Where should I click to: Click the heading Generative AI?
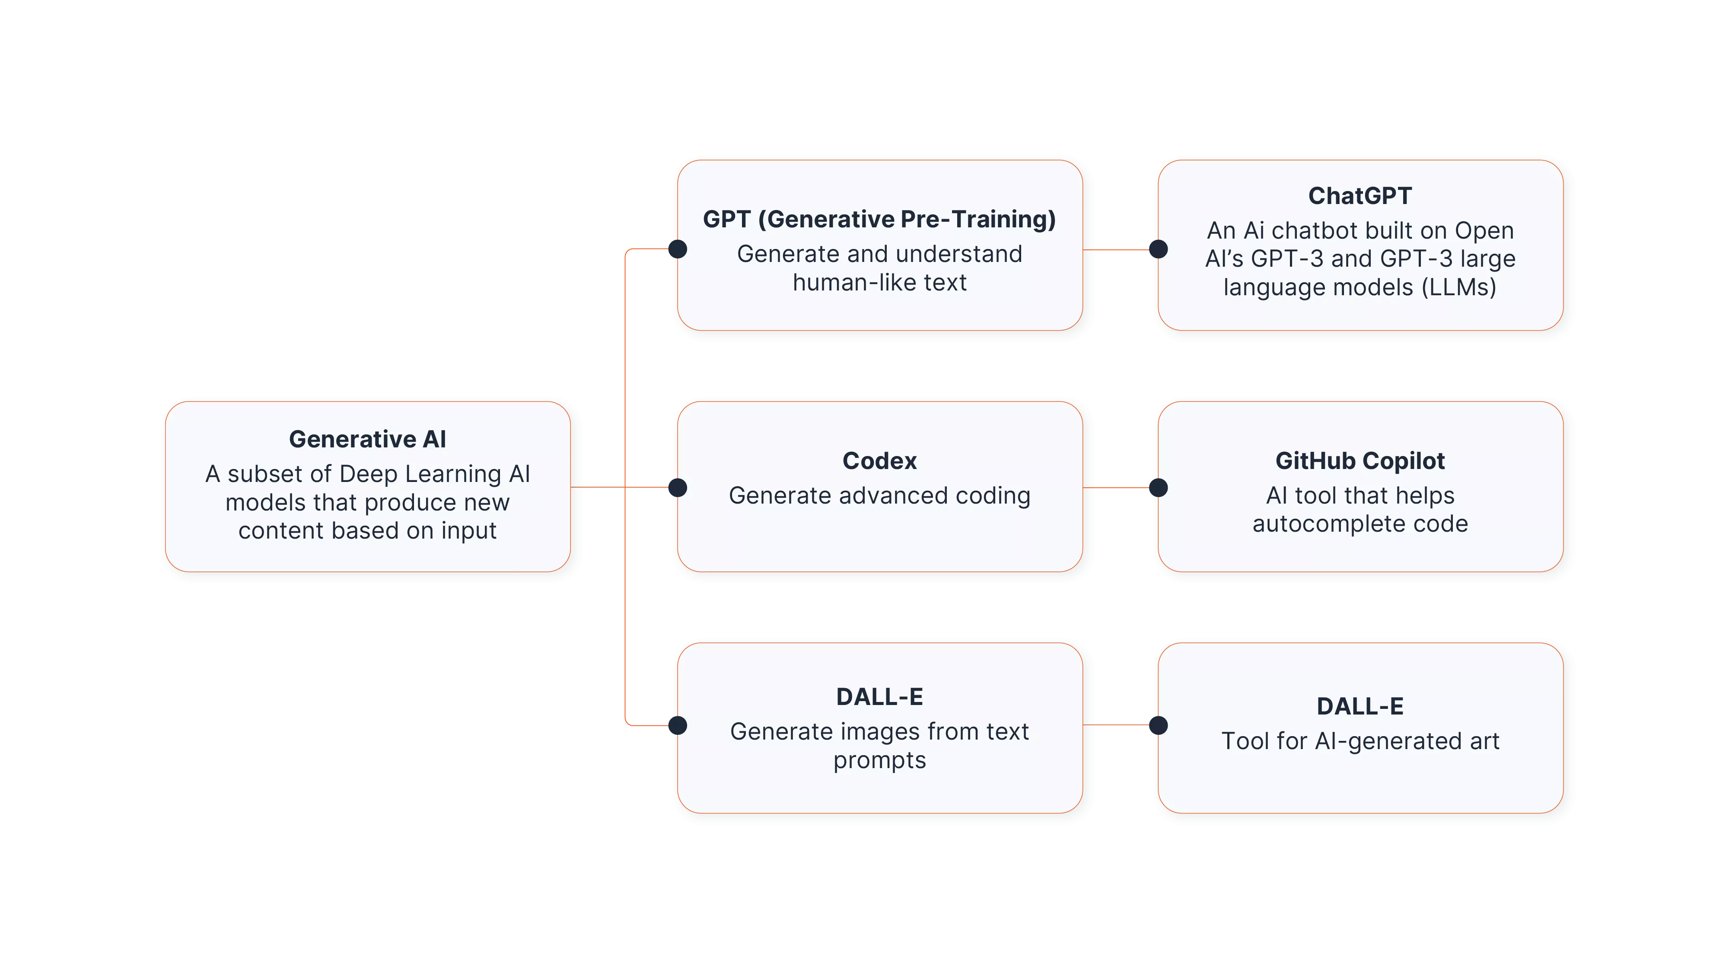tap(367, 439)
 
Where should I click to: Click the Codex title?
tap(879, 461)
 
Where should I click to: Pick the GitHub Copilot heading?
tap(1360, 461)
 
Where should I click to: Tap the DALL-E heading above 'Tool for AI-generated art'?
tap(1360, 706)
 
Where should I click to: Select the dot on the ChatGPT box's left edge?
tap(1159, 249)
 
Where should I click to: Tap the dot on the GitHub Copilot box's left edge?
tap(1159, 488)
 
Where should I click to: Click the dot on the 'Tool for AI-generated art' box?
tap(1159, 725)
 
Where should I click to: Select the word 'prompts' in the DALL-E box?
tap(879, 761)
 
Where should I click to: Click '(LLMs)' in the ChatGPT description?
tap(1458, 287)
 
